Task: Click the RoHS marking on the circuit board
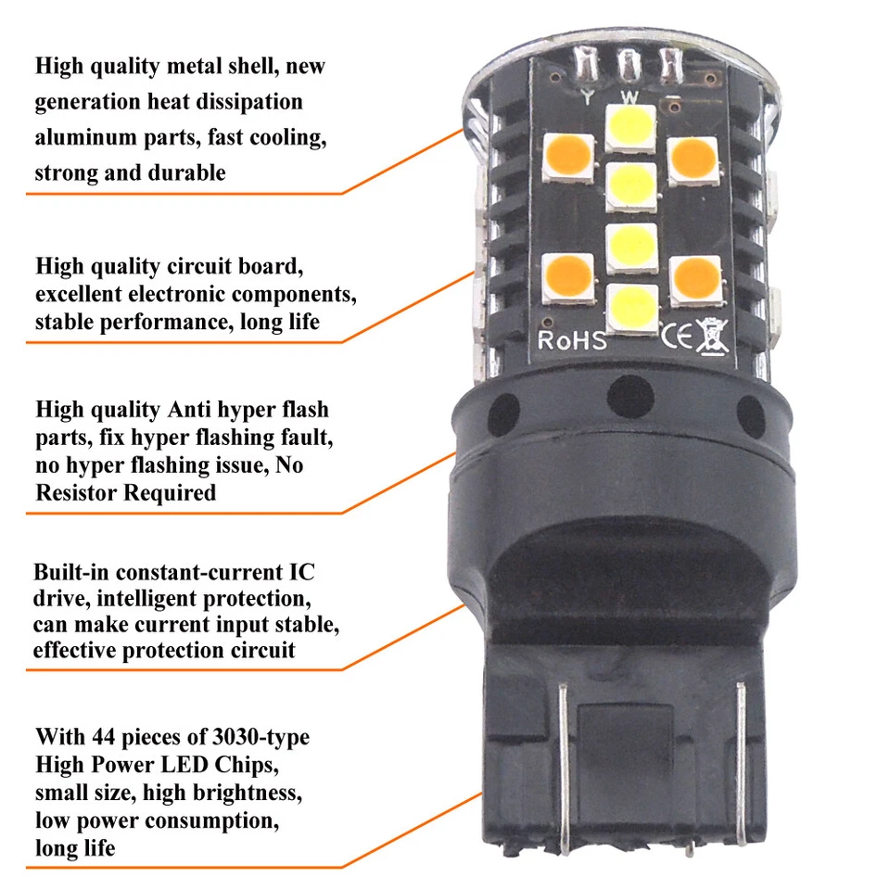pos(572,339)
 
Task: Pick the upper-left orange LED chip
pos(569,157)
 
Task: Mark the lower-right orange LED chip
pos(695,278)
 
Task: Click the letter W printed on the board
pos(629,96)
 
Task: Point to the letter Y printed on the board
pos(588,95)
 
